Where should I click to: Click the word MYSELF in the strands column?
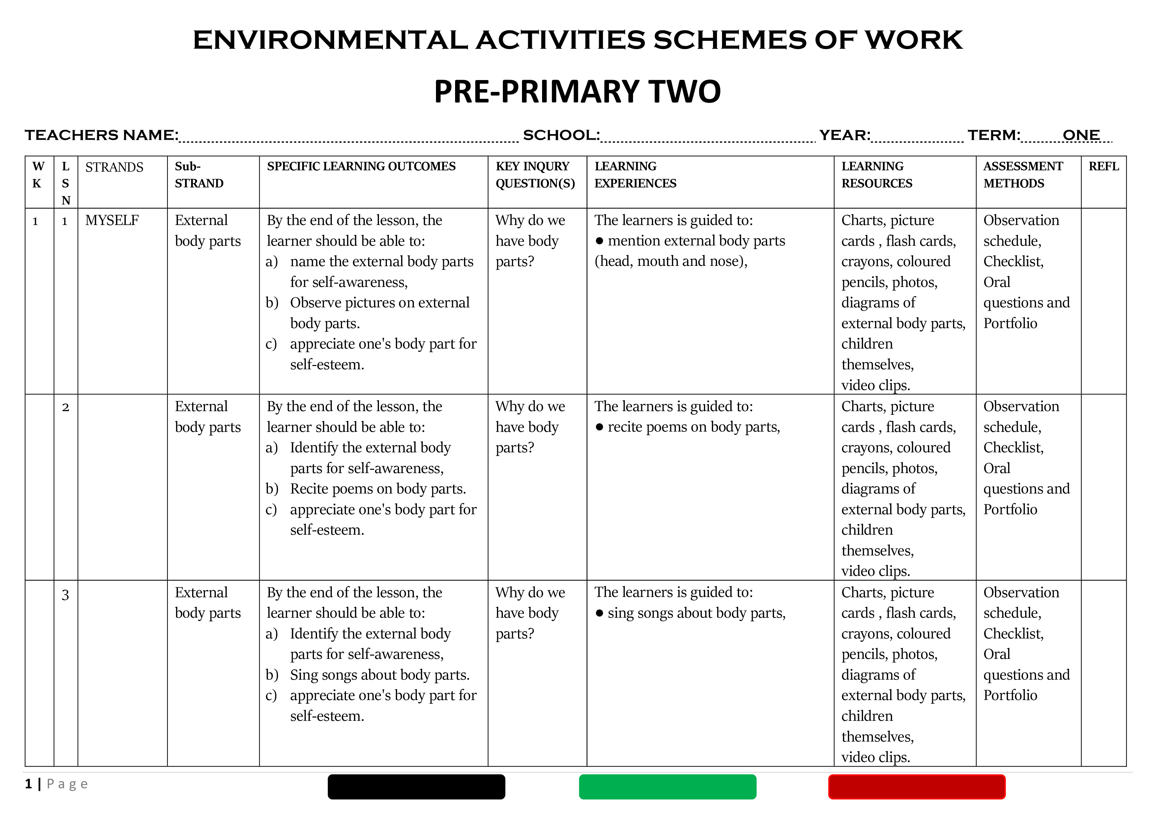pyautogui.click(x=112, y=220)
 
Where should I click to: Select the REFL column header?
pyautogui.click(x=1103, y=167)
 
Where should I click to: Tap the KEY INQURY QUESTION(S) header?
pyautogui.click(x=535, y=175)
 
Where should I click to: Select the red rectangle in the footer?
pyautogui.click(x=916, y=787)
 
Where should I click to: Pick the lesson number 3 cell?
pyautogui.click(x=66, y=595)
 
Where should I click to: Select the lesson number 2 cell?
pyautogui.click(x=66, y=407)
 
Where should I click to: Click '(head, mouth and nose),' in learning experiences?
pyautogui.click(x=671, y=261)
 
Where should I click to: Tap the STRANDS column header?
pyautogui.click(x=114, y=167)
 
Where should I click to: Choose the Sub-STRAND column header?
pyautogui.click(x=199, y=175)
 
